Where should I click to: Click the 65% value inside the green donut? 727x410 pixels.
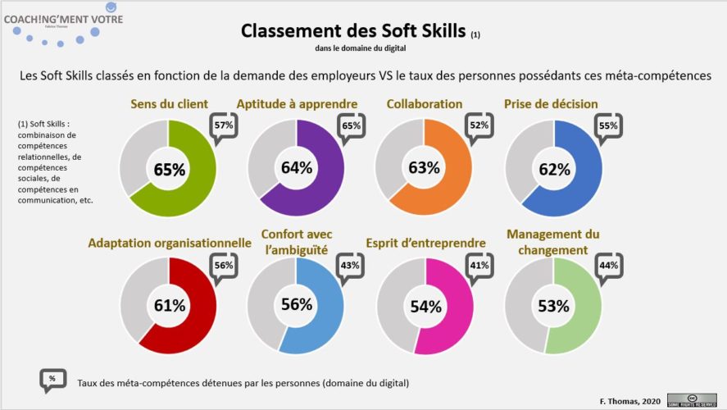coord(169,170)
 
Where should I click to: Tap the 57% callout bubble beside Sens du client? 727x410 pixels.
coord(224,126)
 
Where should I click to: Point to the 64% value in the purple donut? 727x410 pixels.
coord(296,168)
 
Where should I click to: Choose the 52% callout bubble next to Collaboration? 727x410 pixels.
coord(478,126)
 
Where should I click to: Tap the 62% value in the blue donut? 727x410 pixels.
coord(554,170)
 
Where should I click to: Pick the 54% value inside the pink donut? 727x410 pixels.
coord(425,307)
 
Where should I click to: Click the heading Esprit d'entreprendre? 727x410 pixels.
coord(425,243)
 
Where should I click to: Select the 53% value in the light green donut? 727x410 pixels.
coord(553,307)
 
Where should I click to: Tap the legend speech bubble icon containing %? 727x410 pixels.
coord(53,380)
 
